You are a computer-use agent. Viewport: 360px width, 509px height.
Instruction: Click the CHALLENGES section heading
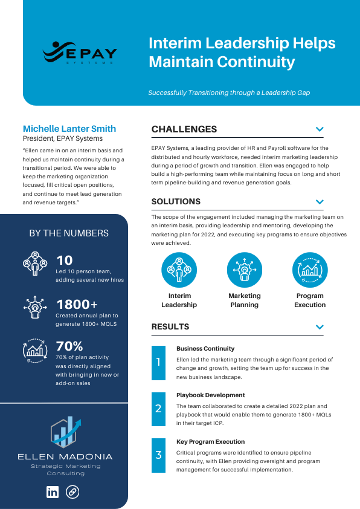coord(184,129)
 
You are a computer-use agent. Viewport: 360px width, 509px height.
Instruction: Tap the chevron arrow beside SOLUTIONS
coord(320,202)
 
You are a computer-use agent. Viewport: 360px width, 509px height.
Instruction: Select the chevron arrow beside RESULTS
coord(320,327)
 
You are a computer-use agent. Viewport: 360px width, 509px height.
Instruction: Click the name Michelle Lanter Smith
coord(69,129)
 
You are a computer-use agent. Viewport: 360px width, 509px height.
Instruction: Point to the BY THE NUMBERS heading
coord(69,233)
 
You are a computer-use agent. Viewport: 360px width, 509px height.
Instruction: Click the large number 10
coord(65,261)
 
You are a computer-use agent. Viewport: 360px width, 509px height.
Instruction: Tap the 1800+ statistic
coord(77,305)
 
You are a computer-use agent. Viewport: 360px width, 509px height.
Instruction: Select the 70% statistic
coord(69,347)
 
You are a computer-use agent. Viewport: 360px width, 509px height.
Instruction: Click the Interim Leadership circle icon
coord(179,270)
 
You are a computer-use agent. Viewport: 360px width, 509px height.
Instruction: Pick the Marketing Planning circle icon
coord(245,270)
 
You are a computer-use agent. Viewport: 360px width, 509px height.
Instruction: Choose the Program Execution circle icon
coord(310,270)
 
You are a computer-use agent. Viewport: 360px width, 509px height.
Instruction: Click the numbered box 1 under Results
coord(158,362)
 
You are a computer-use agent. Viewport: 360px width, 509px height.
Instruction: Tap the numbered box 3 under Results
coord(158,455)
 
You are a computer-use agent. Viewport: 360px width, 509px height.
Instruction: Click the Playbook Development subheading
coord(210,395)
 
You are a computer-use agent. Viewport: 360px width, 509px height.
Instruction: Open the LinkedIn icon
coord(53,492)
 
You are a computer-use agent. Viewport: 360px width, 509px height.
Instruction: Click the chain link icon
coord(72,492)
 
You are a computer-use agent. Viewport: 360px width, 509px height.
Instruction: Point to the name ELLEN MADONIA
coord(65,456)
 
